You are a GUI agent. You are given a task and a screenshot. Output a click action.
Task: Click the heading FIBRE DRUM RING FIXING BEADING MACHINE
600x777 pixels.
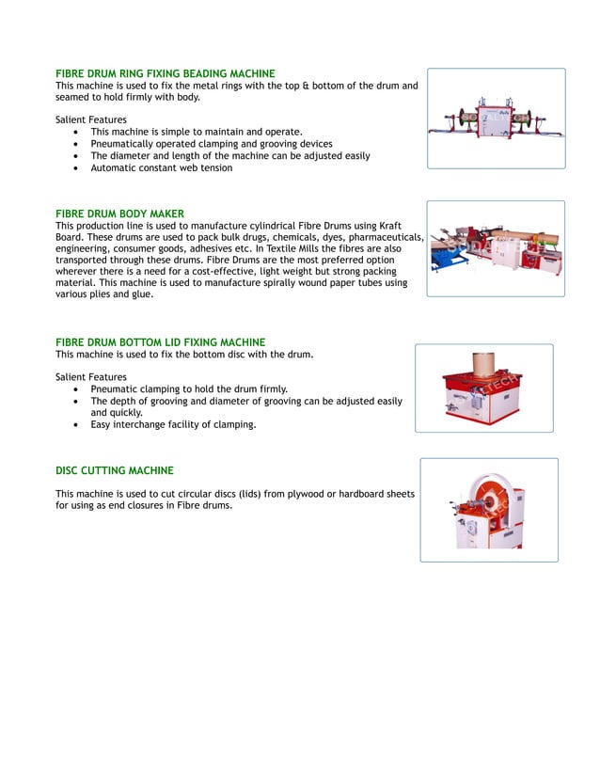click(165, 73)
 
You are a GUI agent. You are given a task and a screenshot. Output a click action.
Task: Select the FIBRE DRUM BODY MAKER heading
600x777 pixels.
click(119, 214)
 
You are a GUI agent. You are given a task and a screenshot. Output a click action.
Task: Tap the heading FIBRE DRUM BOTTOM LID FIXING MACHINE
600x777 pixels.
click(160, 342)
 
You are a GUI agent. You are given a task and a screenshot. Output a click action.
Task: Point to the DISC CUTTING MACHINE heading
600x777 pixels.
click(114, 470)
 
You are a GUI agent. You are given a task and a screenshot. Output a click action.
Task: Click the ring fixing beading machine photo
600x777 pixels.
click(496, 119)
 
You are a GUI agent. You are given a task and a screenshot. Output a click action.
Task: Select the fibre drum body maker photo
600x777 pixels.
click(496, 249)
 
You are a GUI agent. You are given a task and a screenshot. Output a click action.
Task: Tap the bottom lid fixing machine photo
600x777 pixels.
click(483, 388)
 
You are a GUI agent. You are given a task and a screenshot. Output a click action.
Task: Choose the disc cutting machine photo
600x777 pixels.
click(488, 510)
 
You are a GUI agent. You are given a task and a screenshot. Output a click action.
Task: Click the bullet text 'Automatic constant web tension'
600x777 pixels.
click(161, 168)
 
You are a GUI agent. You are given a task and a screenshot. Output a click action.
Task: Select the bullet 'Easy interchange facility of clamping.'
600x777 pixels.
click(173, 424)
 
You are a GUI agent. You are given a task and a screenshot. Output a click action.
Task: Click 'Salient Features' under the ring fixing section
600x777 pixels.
click(91, 119)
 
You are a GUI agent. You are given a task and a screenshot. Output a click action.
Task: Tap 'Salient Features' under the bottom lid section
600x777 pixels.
click(91, 377)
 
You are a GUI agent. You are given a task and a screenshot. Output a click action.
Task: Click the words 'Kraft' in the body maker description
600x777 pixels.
click(387, 226)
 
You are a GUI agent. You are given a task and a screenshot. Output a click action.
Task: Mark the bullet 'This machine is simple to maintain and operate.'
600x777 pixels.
click(196, 132)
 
